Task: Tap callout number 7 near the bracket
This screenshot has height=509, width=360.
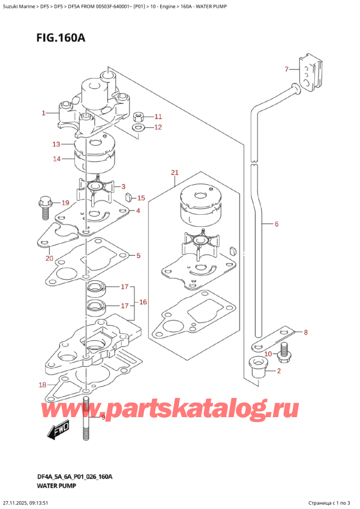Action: pyautogui.click(x=287, y=69)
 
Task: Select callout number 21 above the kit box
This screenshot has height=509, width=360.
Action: pyautogui.click(x=175, y=173)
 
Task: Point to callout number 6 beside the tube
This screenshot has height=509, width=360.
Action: pyautogui.click(x=277, y=224)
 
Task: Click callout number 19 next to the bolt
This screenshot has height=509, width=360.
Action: pyautogui.click(x=65, y=202)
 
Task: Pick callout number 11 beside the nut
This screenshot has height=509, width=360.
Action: pyautogui.click(x=158, y=116)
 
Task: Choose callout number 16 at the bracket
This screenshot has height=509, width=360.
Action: pyautogui.click(x=143, y=302)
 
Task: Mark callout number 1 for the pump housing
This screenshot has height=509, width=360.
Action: pyautogui.click(x=43, y=113)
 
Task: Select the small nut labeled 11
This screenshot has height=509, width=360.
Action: pyautogui.click(x=138, y=116)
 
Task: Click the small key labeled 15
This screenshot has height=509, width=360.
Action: pyautogui.click(x=128, y=196)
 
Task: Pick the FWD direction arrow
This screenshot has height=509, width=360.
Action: pyautogui.click(x=58, y=430)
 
